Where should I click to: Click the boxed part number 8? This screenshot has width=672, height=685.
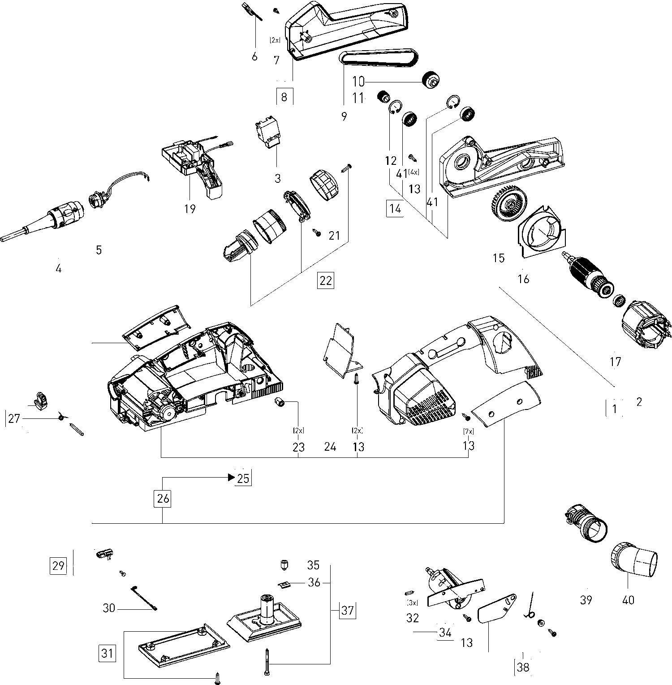coord(284,96)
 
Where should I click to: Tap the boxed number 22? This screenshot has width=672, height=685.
coord(325,280)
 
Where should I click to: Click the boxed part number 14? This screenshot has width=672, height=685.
coord(395,209)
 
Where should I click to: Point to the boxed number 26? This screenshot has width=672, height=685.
coord(163,498)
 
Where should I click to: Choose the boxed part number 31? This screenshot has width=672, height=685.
coord(107,653)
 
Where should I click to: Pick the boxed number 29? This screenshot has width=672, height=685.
coord(59,565)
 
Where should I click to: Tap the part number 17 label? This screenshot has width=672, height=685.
coord(616,361)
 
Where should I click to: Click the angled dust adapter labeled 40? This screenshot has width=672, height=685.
coord(634,560)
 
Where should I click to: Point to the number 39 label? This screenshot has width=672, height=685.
coord(586,599)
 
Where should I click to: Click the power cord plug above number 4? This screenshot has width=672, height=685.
coord(43,221)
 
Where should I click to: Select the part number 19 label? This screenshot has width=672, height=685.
coord(190,208)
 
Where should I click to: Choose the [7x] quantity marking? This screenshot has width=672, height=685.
coord(468,432)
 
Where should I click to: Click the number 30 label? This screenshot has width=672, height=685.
coord(109,608)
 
